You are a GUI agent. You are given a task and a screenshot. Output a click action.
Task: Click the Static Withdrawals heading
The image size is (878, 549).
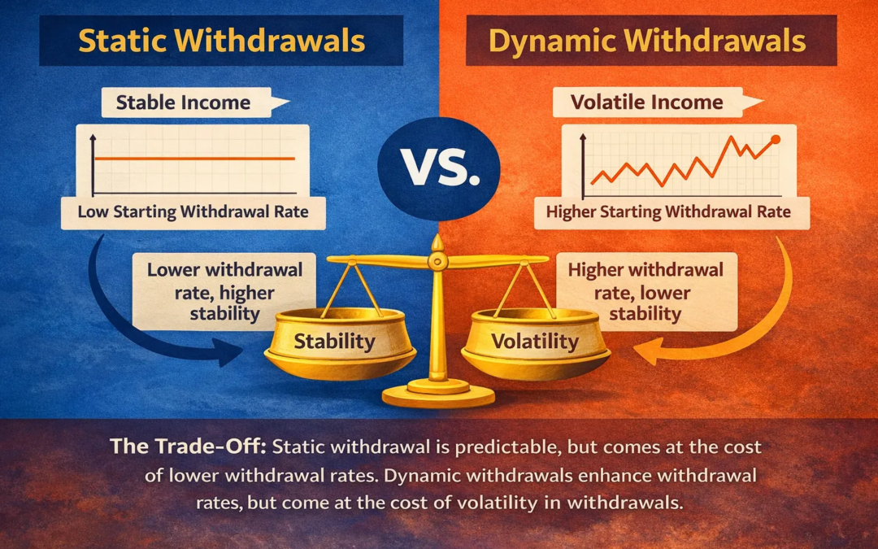coord(221,40)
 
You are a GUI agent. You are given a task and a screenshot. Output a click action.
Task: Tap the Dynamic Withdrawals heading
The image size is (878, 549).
coord(647,40)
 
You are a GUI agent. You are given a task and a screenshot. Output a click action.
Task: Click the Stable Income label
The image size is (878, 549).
coord(184,103)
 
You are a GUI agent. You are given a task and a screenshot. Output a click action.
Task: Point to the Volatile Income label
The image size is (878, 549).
coord(646,103)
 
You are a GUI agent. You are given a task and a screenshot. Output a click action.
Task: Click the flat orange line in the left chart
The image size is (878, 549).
coord(195,159)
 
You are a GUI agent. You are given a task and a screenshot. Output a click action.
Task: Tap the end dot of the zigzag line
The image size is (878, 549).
coord(774,140)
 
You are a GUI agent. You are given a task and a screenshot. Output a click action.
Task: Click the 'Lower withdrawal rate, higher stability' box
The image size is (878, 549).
coord(225,291)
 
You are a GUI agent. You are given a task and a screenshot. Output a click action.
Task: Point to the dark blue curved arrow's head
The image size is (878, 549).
coord(236,353)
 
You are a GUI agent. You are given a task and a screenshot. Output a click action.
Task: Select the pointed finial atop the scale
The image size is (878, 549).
coord(438,242)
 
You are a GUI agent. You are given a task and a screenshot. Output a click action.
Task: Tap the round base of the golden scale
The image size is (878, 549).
coord(439,396)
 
